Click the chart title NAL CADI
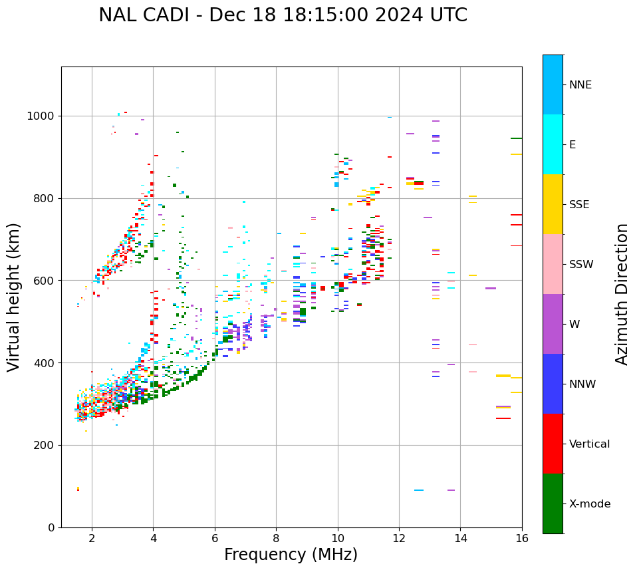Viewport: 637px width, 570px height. tap(283, 15)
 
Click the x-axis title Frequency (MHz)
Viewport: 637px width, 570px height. tap(291, 555)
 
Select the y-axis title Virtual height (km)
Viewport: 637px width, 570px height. tap(14, 297)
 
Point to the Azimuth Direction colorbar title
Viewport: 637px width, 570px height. tap(622, 294)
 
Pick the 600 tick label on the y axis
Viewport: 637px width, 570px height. tap(45, 281)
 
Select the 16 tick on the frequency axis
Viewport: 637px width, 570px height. tap(522, 538)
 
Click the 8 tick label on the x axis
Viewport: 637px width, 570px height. tap(276, 538)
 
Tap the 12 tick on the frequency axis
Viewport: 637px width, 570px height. tap(399, 538)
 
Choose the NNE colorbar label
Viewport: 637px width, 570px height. tap(580, 85)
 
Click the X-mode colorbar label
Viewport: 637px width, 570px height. tap(589, 504)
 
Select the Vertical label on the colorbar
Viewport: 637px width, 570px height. tap(589, 444)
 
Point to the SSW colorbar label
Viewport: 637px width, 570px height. tap(581, 265)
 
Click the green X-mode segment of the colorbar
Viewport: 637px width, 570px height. tap(553, 503)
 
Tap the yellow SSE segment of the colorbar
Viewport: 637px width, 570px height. tap(553, 204)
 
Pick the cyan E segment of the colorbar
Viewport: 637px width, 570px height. tap(553, 144)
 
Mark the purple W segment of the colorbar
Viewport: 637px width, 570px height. tap(553, 324)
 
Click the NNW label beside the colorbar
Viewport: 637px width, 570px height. tap(582, 384)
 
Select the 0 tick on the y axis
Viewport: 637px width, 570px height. tap(51, 527)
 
